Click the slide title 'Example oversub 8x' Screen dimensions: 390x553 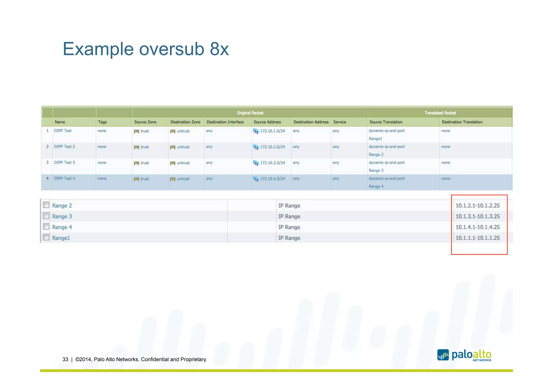[x=146, y=49]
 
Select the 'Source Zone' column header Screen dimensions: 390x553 [x=145, y=122]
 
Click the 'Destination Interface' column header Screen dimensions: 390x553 [x=225, y=122]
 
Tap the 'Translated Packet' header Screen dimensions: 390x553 [x=440, y=113]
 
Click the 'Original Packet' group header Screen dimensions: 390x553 [x=250, y=113]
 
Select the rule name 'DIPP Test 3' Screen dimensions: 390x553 [x=64, y=163]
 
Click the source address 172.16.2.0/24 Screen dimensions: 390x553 [x=272, y=147]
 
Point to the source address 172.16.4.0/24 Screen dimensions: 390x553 [x=272, y=179]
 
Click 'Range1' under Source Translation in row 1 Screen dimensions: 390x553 [x=375, y=139]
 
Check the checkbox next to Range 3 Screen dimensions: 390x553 [x=46, y=216]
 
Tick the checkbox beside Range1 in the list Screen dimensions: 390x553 [x=46, y=237]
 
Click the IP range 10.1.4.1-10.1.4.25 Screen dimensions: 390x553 [x=477, y=227]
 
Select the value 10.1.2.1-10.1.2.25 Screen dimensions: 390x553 [x=477, y=206]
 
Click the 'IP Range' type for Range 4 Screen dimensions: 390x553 [x=289, y=227]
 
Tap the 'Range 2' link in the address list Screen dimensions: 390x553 [x=62, y=206]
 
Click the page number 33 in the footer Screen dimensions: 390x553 [x=65, y=359]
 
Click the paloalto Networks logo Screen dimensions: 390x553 [x=464, y=355]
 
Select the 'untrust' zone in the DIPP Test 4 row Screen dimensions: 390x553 [x=183, y=179]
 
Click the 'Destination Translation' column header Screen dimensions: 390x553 [x=462, y=122]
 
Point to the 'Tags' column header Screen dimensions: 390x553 [x=102, y=122]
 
